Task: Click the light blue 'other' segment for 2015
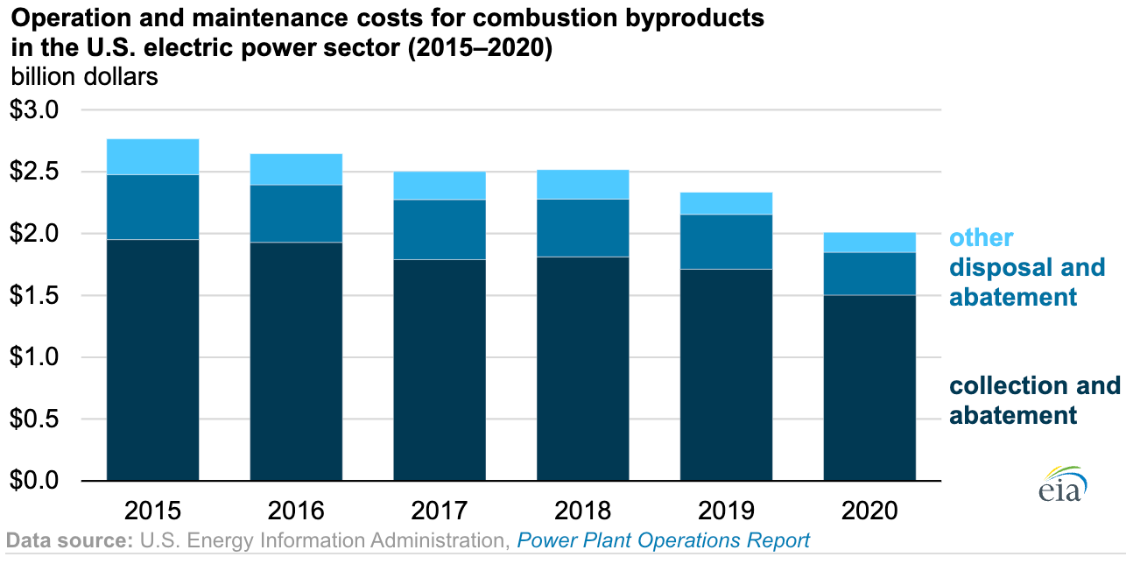pos(152,157)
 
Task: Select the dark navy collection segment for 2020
pos(869,388)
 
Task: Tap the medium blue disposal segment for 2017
pos(440,229)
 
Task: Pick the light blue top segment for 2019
pos(726,203)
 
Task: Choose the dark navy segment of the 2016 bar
pos(296,362)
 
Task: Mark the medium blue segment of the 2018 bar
pos(582,228)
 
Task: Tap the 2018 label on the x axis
pos(582,511)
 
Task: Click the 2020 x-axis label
pos(869,511)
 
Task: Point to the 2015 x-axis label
pos(152,511)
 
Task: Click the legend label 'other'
pos(982,238)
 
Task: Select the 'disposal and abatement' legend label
pos(1026,282)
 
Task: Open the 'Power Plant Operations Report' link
pos(663,540)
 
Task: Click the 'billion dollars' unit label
pos(84,76)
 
